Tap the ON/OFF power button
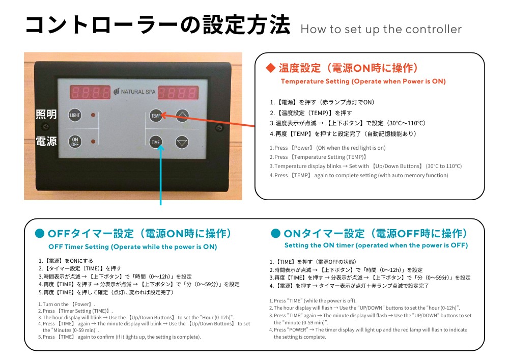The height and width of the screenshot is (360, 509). point(75,142)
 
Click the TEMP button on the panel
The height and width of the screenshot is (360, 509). point(156,116)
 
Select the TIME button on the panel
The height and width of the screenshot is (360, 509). point(156,143)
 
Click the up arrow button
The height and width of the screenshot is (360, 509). point(182,116)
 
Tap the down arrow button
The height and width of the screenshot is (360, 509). point(182,143)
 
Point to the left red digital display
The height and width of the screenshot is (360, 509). point(90,92)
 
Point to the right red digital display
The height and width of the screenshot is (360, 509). point(178,93)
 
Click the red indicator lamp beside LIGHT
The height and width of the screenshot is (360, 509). point(93,115)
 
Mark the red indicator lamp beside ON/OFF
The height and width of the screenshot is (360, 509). point(93,142)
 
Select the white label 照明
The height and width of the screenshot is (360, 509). point(46,115)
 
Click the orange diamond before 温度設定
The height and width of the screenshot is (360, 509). point(271,68)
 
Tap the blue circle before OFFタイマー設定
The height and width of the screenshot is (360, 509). point(39,234)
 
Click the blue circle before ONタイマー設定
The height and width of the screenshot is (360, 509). point(275,234)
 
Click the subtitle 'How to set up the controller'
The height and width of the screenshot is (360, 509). point(381,29)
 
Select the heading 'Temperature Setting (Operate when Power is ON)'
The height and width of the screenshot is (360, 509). point(363,81)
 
